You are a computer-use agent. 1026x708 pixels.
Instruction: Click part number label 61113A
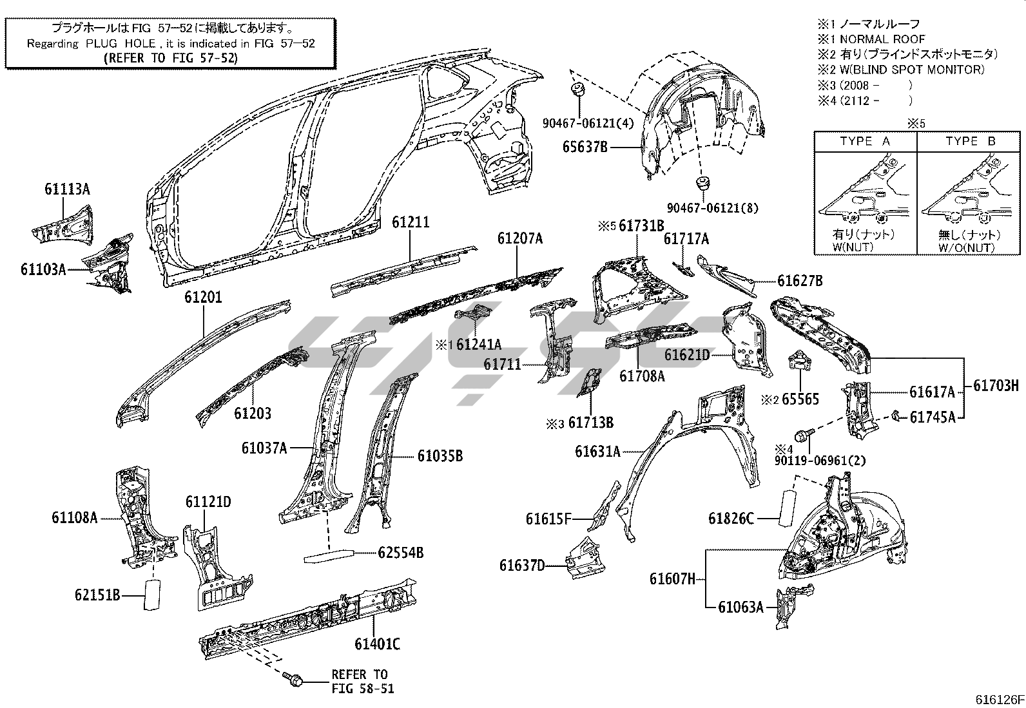(x=67, y=189)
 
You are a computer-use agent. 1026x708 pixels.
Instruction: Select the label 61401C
(x=377, y=644)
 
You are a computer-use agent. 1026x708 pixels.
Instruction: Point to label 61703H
(x=996, y=387)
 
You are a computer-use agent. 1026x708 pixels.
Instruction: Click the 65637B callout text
(x=585, y=148)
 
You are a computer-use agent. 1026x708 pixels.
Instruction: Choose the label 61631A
(x=598, y=452)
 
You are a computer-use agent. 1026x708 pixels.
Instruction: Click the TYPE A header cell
(x=865, y=141)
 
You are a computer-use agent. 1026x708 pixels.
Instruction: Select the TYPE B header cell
(x=970, y=141)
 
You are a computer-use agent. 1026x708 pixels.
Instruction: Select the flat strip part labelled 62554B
(x=329, y=555)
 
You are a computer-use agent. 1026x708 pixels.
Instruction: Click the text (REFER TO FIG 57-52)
(x=170, y=57)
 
